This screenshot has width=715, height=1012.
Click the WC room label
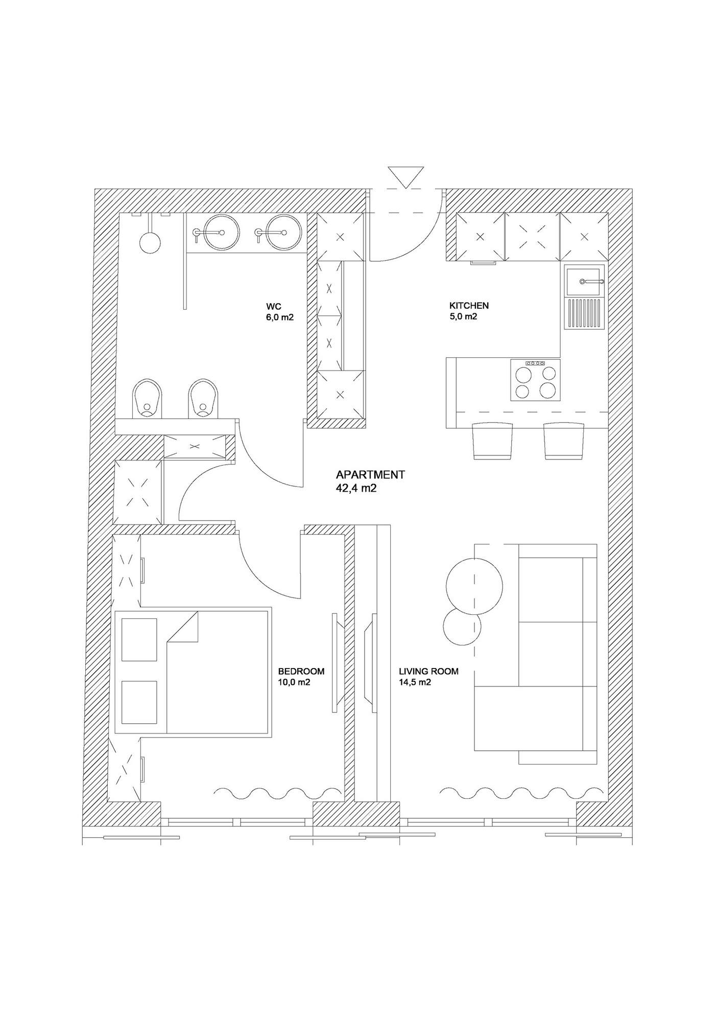280,312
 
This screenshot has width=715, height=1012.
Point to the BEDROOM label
301,676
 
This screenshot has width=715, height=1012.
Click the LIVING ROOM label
428,676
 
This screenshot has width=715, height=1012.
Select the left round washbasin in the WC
221,233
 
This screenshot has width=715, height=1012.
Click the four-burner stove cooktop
535,380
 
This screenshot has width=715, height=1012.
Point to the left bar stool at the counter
492,441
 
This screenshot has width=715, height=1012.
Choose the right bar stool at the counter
563,441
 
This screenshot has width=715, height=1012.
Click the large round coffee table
473,585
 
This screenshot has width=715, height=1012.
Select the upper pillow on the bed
139,640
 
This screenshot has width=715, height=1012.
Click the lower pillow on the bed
139,702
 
